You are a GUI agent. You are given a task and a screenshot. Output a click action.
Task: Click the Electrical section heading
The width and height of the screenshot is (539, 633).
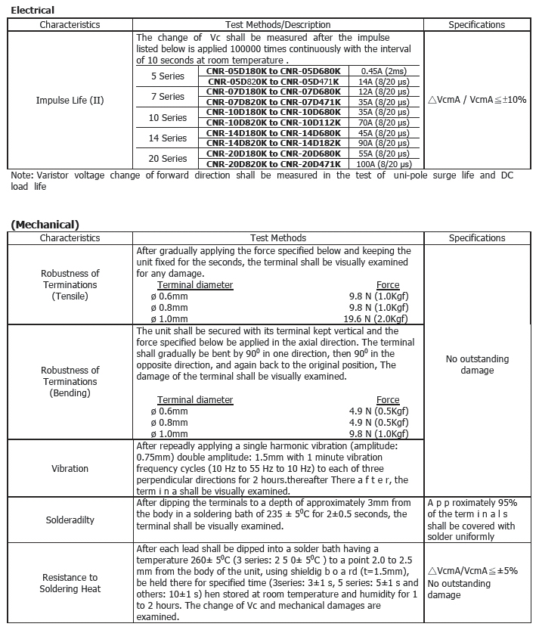[33, 10]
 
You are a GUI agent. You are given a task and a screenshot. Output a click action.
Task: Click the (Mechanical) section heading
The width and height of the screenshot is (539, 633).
[45, 224]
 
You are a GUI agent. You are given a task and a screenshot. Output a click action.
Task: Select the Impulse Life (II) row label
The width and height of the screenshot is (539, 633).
[70, 100]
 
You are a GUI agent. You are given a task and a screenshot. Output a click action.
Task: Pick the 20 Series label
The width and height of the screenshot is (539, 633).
[168, 159]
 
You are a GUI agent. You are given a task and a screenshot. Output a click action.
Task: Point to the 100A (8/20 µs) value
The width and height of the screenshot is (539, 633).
[385, 164]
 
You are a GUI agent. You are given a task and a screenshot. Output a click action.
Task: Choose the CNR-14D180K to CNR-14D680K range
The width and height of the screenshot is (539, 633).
[273, 133]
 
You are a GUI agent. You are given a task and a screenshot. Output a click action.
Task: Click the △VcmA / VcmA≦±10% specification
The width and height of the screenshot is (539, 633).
[477, 100]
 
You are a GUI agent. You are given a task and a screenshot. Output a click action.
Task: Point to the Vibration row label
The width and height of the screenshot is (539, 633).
[70, 469]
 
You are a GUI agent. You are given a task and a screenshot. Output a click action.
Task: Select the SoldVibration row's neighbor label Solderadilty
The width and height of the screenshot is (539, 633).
[70, 520]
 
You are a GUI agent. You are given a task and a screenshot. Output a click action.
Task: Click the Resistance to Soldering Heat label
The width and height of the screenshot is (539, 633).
[70, 583]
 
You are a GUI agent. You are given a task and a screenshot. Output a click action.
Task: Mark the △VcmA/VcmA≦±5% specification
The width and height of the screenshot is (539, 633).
[472, 571]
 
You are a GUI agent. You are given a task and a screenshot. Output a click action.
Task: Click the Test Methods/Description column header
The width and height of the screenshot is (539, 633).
[277, 25]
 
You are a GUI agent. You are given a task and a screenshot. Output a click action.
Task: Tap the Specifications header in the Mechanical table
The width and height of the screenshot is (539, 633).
[477, 238]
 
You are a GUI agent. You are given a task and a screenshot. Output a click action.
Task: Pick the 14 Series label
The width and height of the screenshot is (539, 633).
[168, 138]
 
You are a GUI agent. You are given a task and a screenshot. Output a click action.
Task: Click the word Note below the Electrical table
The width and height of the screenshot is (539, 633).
[20, 175]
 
